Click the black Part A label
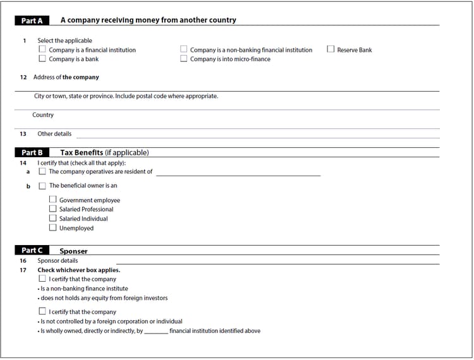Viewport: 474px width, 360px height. coord(32,20)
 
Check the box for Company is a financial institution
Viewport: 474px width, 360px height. coord(42,49)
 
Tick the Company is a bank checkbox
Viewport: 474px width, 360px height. coord(42,59)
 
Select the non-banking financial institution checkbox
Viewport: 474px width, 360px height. coord(184,49)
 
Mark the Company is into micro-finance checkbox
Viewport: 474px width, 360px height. coord(184,59)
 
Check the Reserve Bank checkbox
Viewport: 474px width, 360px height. coord(331,49)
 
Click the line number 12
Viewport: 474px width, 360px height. coord(23,77)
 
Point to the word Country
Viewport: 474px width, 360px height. coord(43,115)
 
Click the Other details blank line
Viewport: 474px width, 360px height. coord(253,135)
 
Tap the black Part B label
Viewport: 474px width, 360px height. coord(32,152)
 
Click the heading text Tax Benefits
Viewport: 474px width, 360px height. coord(82,152)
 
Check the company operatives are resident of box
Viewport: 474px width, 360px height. coord(42,171)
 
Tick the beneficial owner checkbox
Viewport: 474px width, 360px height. coord(42,186)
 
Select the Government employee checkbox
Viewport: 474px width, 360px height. coord(53,200)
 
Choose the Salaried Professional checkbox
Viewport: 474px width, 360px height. coord(53,209)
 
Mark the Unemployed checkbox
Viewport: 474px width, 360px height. coord(53,228)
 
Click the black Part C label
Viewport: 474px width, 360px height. coord(32,251)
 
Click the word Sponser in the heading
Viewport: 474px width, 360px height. coord(73,251)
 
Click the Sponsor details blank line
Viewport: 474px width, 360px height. coord(278,261)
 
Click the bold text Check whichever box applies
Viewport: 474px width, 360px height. coord(78,270)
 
